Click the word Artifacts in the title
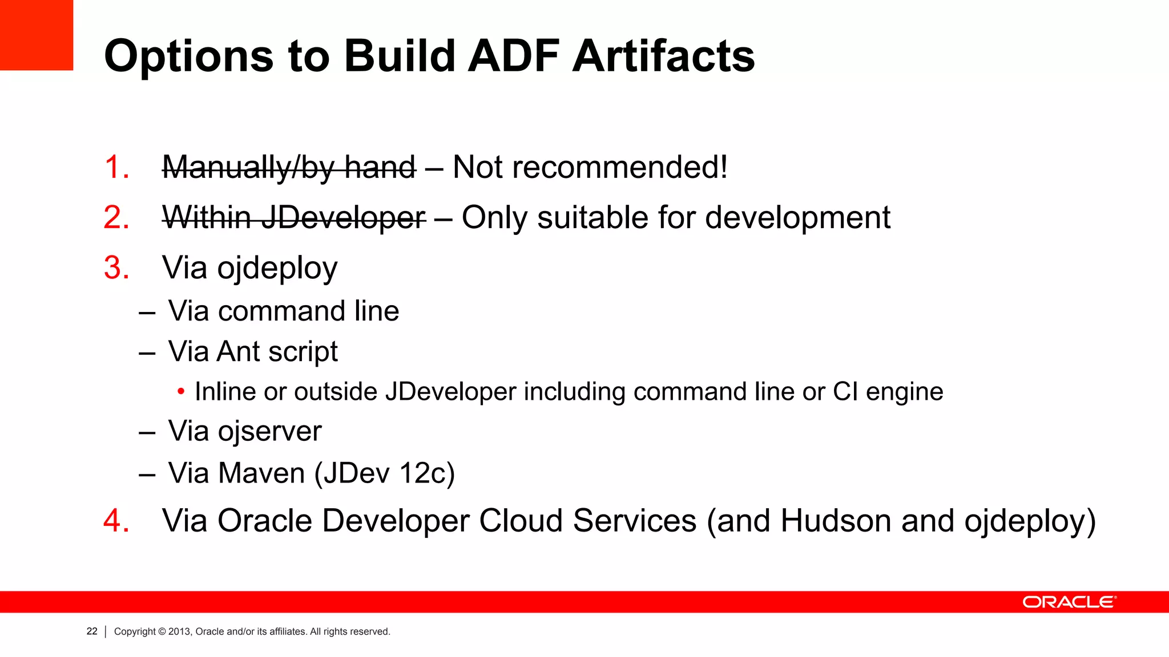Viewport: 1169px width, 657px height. click(x=663, y=56)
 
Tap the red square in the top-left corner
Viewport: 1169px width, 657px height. click(x=36, y=34)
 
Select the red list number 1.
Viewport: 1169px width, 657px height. click(x=116, y=167)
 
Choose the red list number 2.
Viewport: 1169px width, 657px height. click(x=116, y=218)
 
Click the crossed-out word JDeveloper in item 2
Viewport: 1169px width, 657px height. click(x=343, y=218)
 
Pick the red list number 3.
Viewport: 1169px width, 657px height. click(x=116, y=267)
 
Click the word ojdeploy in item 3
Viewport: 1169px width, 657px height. click(x=277, y=269)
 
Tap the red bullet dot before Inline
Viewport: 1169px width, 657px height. click(x=181, y=392)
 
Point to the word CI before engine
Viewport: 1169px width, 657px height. click(x=845, y=392)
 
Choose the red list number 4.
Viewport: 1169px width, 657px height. click(x=116, y=521)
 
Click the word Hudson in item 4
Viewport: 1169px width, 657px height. click(x=835, y=521)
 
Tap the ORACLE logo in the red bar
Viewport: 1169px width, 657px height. click(x=1069, y=602)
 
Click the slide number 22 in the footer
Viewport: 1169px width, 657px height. click(x=92, y=631)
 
